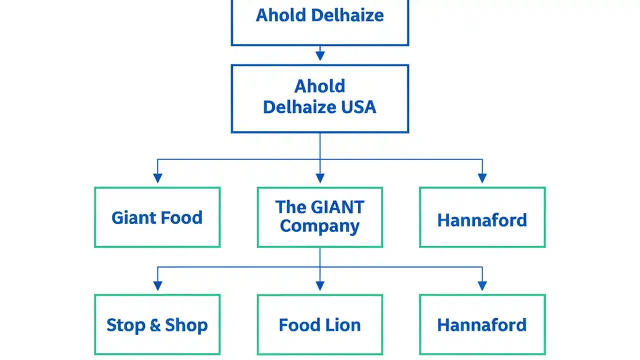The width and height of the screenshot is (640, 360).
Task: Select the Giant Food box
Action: click(x=157, y=217)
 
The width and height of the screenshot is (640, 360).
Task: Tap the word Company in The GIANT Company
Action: click(x=319, y=226)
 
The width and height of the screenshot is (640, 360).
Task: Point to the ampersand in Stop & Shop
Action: click(x=155, y=325)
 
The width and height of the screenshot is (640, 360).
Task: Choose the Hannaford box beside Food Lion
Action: click(x=482, y=325)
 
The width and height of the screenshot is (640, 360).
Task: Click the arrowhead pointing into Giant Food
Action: click(x=157, y=177)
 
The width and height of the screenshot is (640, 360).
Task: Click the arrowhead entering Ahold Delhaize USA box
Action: click(x=320, y=55)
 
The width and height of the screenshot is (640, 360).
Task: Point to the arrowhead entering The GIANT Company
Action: click(x=320, y=177)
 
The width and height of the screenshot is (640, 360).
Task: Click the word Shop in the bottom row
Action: click(x=186, y=325)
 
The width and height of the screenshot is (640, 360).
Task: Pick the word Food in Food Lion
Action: click(x=298, y=325)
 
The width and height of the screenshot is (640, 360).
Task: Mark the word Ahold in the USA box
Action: click(x=319, y=86)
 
